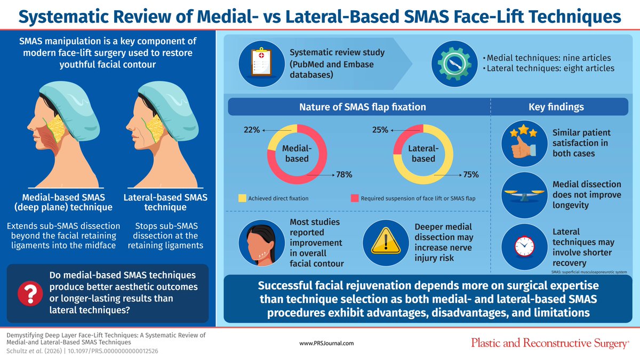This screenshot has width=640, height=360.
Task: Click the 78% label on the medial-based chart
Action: pyautogui.click(x=344, y=174)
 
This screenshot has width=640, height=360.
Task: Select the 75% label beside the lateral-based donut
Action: pyautogui.click(x=471, y=174)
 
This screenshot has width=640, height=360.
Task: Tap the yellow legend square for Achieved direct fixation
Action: pyautogui.click(x=242, y=198)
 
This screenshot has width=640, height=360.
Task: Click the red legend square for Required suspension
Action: pyautogui.click(x=354, y=198)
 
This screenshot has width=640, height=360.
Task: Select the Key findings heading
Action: pyautogui.click(x=556, y=107)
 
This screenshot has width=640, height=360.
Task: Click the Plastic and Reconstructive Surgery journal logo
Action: pyautogui.click(x=549, y=343)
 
